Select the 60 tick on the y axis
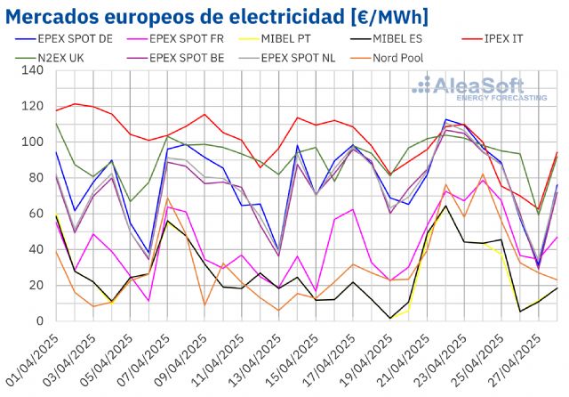coord(36,214)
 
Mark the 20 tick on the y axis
coord(36,285)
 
